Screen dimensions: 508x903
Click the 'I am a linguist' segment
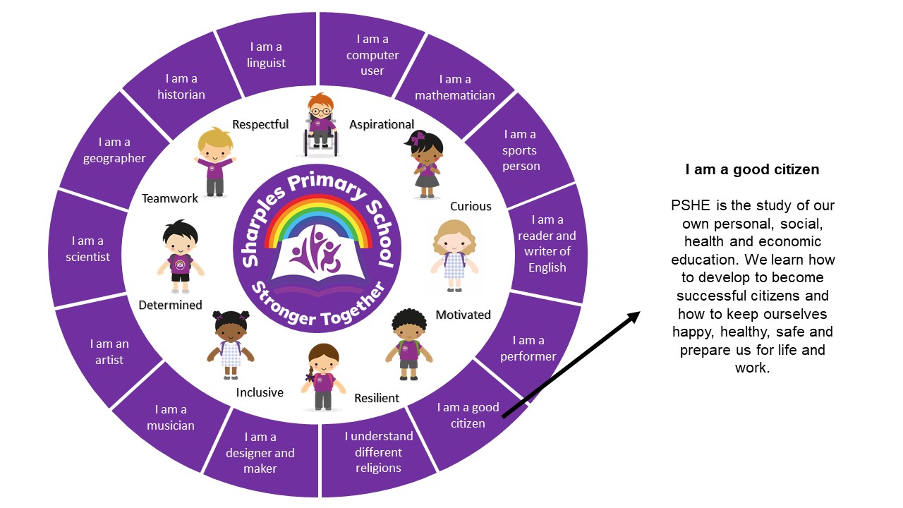coord(266,55)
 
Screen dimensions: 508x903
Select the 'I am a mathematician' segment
coord(454,87)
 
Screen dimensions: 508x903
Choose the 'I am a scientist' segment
coord(88,249)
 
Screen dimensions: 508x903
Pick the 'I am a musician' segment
coord(171,417)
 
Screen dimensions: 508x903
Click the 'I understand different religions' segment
coord(378,452)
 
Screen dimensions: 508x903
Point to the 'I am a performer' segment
coord(528,349)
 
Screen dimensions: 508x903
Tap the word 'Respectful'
coord(260,125)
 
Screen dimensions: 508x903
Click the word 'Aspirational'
coord(382,125)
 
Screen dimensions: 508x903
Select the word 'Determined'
coord(170,306)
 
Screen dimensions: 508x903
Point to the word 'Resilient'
coord(377,398)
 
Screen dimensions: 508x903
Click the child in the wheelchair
coord(321,125)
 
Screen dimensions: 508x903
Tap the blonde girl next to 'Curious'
coord(454,255)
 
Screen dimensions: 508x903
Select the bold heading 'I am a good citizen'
coord(752,169)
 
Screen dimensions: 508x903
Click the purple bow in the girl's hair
coord(420,138)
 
